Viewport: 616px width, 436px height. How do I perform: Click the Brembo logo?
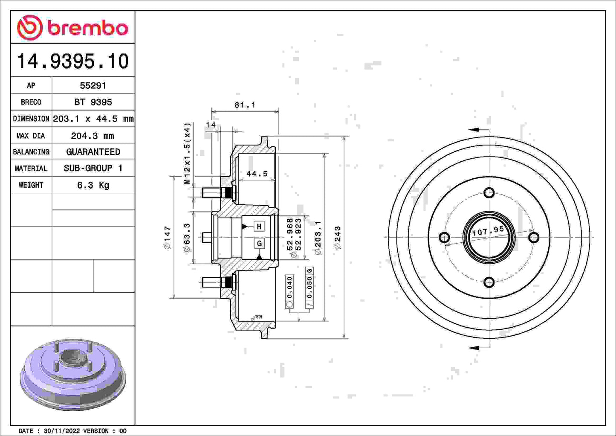pyautogui.click(x=72, y=28)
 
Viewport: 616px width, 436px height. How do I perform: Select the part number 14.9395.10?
pyautogui.click(x=72, y=61)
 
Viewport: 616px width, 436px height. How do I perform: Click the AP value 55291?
pyautogui.click(x=93, y=85)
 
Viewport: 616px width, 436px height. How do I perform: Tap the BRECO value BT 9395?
pyautogui.click(x=93, y=102)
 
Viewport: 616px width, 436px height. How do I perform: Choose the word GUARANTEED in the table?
pyautogui.click(x=93, y=152)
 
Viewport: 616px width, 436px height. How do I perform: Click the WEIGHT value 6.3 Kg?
pyautogui.click(x=93, y=185)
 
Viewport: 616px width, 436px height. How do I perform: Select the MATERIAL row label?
pyautogui.click(x=31, y=169)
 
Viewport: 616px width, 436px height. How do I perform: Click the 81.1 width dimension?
pyautogui.click(x=245, y=105)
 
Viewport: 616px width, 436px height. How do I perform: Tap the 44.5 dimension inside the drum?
pyautogui.click(x=257, y=174)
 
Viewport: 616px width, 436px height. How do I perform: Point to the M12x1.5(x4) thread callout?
pyautogui.click(x=187, y=154)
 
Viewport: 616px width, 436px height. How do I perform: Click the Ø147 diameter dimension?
pyautogui.click(x=167, y=238)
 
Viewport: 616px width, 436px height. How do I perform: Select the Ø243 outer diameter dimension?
pyautogui.click(x=338, y=238)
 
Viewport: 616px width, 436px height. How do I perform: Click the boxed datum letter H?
pyautogui.click(x=259, y=227)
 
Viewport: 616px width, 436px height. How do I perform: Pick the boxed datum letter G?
pyautogui.click(x=259, y=243)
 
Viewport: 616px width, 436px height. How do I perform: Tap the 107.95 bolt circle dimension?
pyautogui.click(x=488, y=231)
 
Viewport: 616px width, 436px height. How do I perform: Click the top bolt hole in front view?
pyautogui.click(x=489, y=192)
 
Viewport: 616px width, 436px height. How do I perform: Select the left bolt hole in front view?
pyautogui.click(x=444, y=237)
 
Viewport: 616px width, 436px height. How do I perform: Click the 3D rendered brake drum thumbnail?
pyautogui.click(x=72, y=375)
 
